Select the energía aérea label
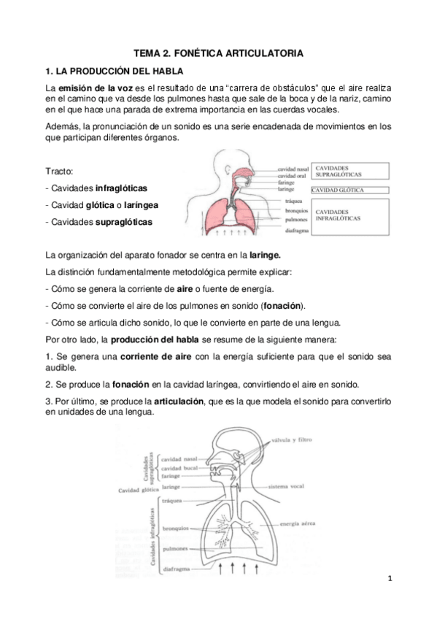(x=301, y=524)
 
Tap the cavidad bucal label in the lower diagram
(x=180, y=468)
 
